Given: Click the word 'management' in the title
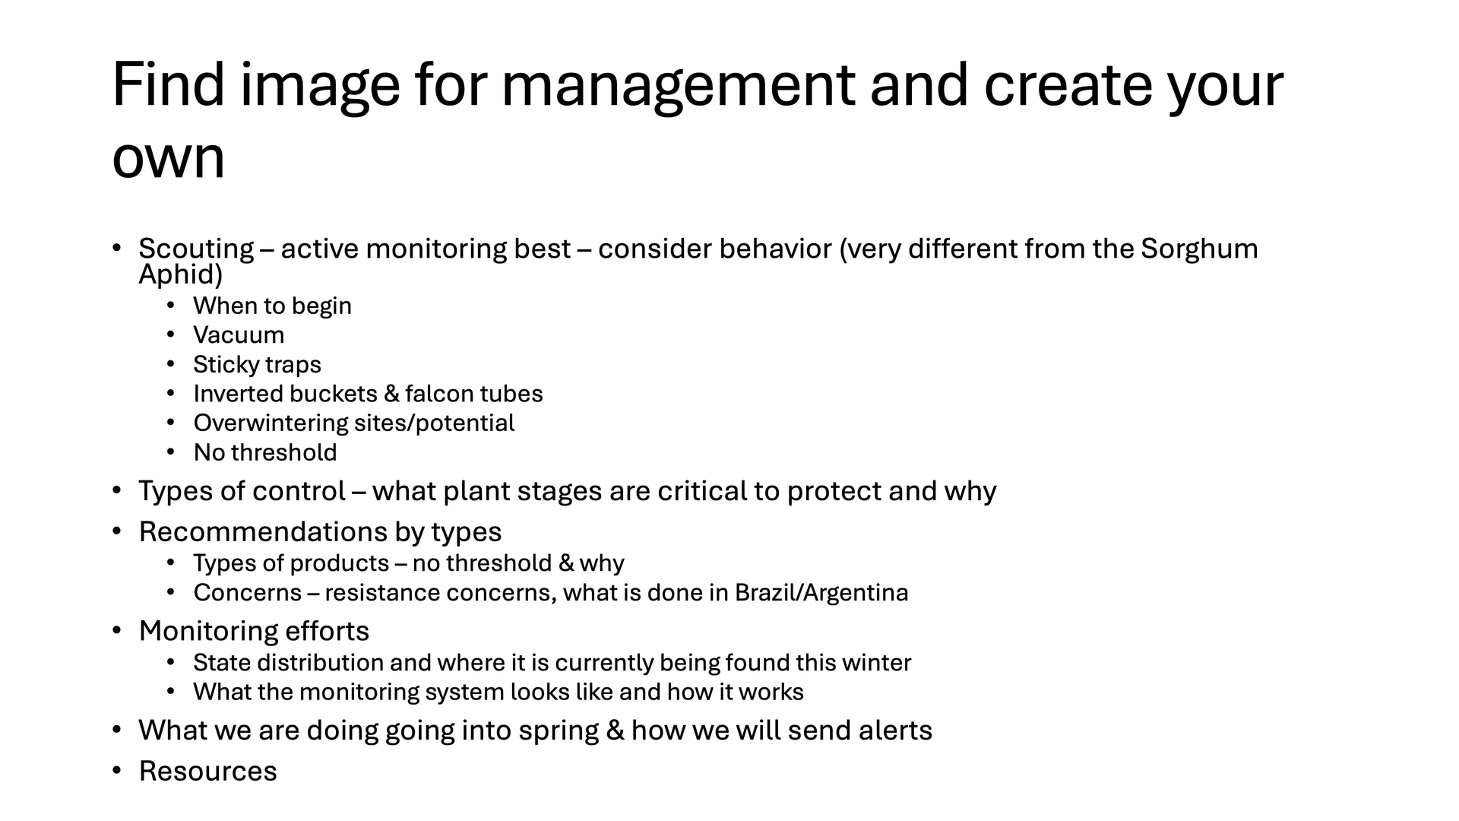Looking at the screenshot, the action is click(678, 87).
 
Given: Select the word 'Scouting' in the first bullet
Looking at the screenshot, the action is click(196, 249).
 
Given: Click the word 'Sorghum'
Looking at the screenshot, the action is click(1199, 249).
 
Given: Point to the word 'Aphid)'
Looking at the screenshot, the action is click(181, 274).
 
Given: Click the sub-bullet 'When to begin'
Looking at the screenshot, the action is click(272, 306).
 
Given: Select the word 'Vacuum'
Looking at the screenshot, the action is click(239, 335).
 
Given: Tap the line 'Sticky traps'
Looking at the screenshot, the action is click(257, 365).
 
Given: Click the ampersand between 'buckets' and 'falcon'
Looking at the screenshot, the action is click(391, 394).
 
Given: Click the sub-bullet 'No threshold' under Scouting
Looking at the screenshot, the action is click(265, 452).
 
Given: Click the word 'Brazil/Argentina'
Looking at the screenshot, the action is click(821, 592).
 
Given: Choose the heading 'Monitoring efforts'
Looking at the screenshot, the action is click(254, 632).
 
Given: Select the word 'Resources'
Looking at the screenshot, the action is click(207, 772).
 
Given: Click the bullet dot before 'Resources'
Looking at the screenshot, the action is click(117, 771).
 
